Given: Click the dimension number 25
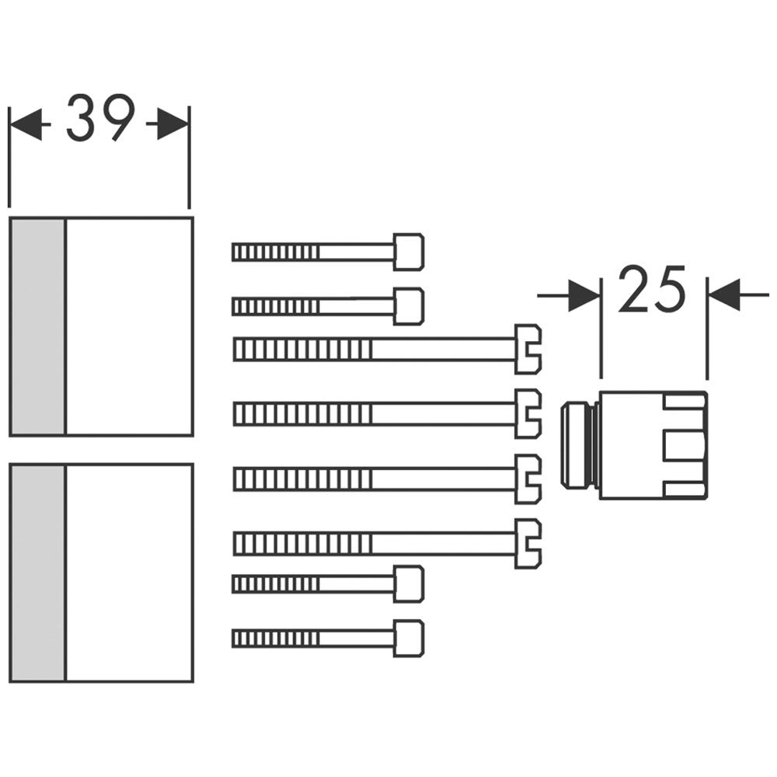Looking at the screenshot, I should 653,289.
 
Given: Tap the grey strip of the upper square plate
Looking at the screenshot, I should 37,326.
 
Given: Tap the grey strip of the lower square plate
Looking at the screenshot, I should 37,573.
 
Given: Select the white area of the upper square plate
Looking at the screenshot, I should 128,326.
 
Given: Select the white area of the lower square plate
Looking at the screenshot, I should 128,573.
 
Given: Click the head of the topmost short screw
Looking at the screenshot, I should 409,252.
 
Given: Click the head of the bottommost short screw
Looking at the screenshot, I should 409,638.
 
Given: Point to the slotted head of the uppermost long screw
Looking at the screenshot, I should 528,350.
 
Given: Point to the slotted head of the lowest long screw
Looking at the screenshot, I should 528,543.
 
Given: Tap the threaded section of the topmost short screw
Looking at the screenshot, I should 276,252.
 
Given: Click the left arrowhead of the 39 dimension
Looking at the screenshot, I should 26,124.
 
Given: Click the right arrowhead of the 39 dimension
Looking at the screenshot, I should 172,124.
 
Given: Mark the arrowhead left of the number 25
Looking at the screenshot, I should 584,295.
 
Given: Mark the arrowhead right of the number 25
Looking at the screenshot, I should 723,295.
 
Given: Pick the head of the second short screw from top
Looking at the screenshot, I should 409,306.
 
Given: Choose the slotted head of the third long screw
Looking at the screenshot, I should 528,479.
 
